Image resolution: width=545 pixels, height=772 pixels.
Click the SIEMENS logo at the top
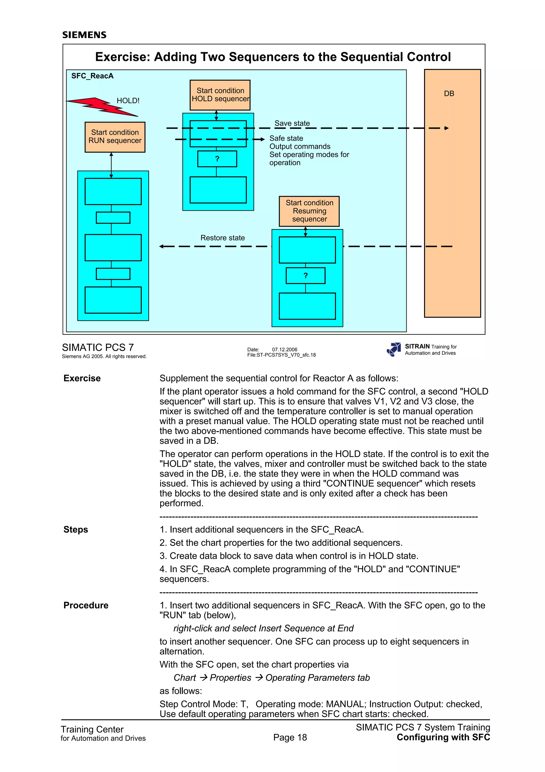coord(84,35)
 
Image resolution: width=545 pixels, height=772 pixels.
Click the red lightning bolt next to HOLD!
coord(101,107)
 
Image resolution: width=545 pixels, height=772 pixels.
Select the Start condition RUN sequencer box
coord(115,137)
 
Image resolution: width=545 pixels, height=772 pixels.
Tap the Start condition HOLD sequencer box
coord(220,95)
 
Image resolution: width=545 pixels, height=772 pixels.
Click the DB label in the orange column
coord(449,94)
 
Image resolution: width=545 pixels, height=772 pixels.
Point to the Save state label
coord(292,123)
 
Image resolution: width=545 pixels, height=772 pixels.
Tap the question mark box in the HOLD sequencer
coord(217,159)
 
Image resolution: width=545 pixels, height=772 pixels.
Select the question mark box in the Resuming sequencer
coord(305,275)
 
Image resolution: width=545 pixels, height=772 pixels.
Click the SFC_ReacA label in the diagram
coord(92,76)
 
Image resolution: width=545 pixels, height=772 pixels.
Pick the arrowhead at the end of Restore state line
coord(162,246)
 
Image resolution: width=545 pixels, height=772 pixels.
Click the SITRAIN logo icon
coord(394,349)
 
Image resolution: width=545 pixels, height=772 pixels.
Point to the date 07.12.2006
coord(284,349)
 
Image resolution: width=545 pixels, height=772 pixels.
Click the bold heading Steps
coord(76,529)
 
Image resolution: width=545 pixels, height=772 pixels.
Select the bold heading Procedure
coord(86,605)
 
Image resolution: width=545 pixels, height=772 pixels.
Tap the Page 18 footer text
coord(290,737)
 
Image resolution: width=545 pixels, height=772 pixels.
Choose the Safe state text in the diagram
coord(286,138)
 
